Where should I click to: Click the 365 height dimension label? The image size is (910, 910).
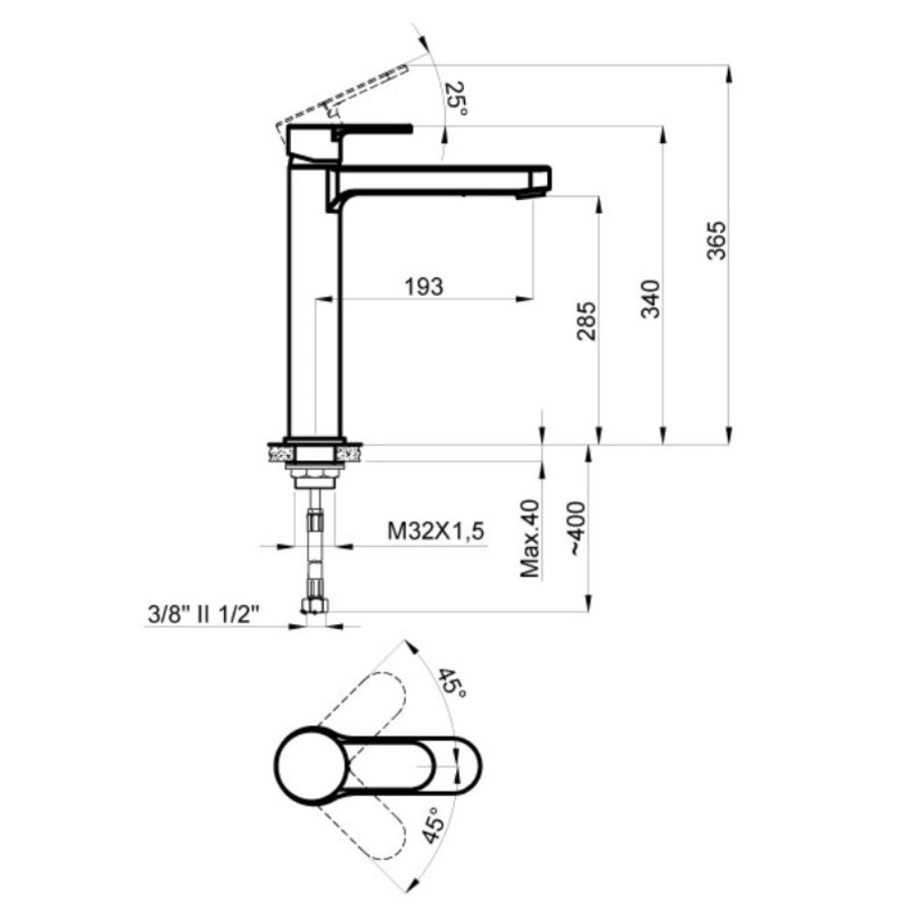coord(716,240)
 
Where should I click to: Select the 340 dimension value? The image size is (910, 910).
coord(651,298)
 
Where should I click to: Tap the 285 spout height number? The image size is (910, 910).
coord(586,321)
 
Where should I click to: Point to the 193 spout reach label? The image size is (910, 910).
coord(424,286)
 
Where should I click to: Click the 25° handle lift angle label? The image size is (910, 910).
coord(456,98)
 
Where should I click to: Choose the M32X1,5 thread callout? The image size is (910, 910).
coord(435,531)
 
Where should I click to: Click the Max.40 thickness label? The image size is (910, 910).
coord(531,539)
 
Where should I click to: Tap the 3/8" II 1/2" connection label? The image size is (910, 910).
coord(203,614)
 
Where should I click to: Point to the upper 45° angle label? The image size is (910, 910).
coord(451,684)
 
